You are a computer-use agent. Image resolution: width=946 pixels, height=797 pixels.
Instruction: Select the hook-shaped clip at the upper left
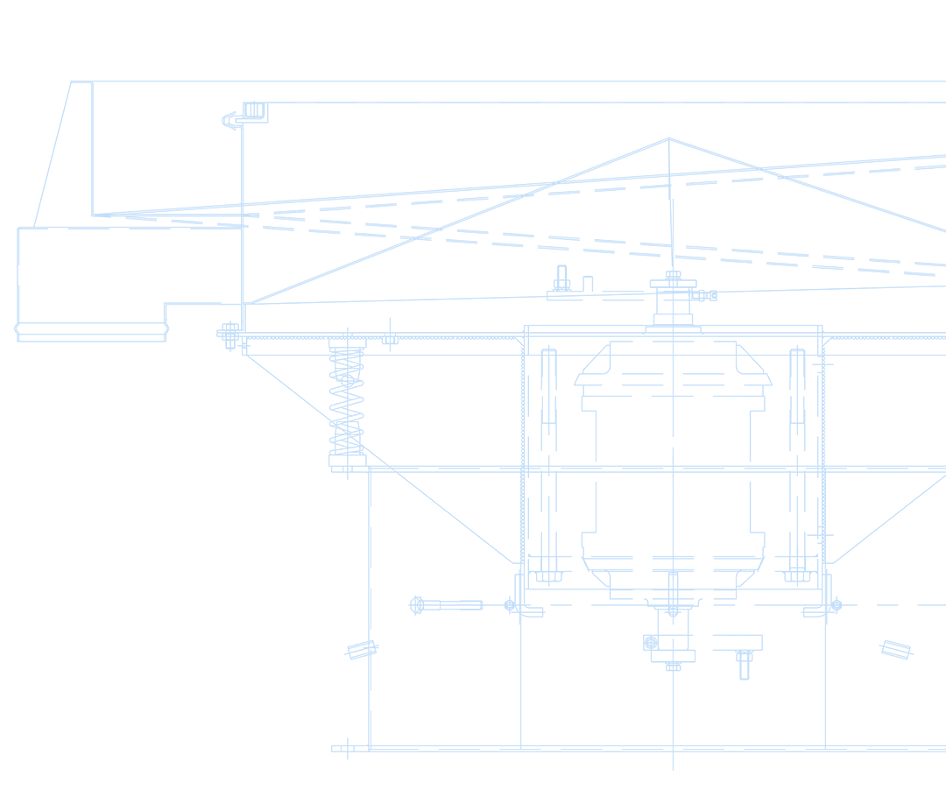(231, 118)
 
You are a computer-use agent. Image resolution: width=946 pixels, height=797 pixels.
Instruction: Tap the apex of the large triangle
(669, 138)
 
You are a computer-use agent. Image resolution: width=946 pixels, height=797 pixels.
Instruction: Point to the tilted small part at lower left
(362, 650)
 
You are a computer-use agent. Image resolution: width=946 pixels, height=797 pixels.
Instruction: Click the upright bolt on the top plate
(561, 279)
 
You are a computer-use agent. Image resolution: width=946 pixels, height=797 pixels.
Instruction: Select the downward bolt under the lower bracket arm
(744, 664)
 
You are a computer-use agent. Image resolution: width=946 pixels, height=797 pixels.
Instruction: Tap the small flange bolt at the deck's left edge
(229, 334)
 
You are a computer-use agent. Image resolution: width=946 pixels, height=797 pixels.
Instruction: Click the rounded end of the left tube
(18, 330)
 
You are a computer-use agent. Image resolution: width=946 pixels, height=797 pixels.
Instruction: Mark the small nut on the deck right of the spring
(390, 339)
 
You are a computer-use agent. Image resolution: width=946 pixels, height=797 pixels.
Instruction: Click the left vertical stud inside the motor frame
(548, 464)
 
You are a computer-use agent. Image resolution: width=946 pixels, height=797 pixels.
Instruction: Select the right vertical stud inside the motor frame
(797, 464)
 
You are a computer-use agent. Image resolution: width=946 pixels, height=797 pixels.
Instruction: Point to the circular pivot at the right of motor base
(836, 605)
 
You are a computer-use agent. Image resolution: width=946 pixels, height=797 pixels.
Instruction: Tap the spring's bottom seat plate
(347, 460)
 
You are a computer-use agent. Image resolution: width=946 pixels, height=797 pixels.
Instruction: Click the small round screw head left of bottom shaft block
(651, 643)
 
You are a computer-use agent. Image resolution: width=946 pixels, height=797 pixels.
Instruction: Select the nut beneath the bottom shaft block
(673, 667)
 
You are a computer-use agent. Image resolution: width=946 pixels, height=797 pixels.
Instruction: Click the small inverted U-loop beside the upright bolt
(589, 283)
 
